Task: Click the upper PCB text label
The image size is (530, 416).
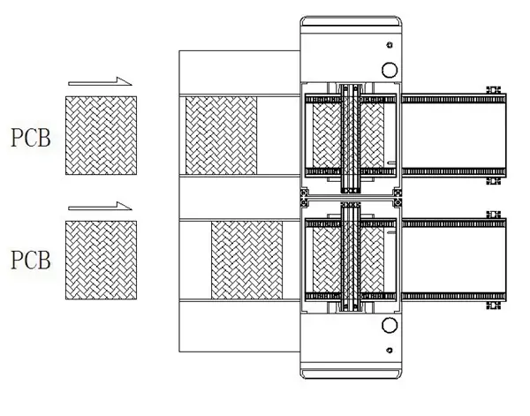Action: tap(31, 138)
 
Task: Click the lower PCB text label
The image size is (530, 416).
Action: tap(31, 260)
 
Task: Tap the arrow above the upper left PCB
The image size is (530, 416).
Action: tap(100, 81)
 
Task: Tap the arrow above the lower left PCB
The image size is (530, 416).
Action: tap(100, 206)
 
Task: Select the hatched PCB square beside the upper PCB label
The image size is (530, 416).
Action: tap(101, 135)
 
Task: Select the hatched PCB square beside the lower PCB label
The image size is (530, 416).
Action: tap(101, 261)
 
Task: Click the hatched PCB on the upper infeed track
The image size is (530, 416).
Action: tap(221, 135)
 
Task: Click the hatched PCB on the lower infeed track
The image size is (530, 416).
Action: tap(246, 261)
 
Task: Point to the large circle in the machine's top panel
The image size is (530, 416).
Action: tap(390, 70)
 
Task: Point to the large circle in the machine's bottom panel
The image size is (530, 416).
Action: tap(390, 325)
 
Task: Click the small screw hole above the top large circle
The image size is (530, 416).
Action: tap(390, 45)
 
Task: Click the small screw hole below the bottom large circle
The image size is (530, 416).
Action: tap(390, 351)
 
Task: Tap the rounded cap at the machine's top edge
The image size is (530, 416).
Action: tap(352, 21)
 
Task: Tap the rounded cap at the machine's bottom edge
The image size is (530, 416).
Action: tap(352, 374)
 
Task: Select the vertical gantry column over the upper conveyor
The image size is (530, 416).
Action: tap(351, 139)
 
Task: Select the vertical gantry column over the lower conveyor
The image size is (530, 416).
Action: tap(351, 256)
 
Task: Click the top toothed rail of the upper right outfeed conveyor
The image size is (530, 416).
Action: tap(454, 99)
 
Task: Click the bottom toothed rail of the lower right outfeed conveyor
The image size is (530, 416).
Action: tap(454, 297)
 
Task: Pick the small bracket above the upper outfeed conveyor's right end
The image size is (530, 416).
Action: tap(493, 90)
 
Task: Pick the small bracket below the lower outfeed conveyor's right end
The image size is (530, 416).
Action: tap(493, 306)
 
